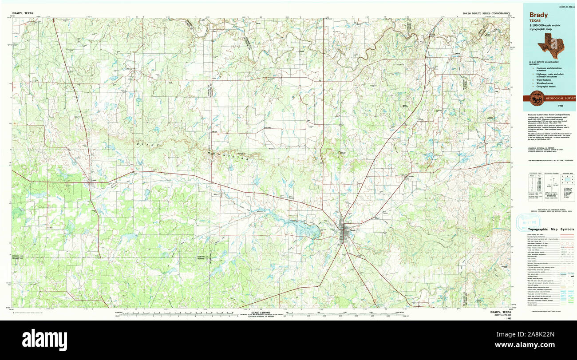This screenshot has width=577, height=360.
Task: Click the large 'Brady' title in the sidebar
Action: click(538, 15)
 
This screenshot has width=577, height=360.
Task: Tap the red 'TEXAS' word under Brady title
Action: click(535, 21)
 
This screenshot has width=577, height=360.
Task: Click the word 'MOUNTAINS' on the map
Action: click(226, 154)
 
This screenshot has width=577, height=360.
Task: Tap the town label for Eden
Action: click(94, 180)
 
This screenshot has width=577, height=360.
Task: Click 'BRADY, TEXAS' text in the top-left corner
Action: click(23, 14)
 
